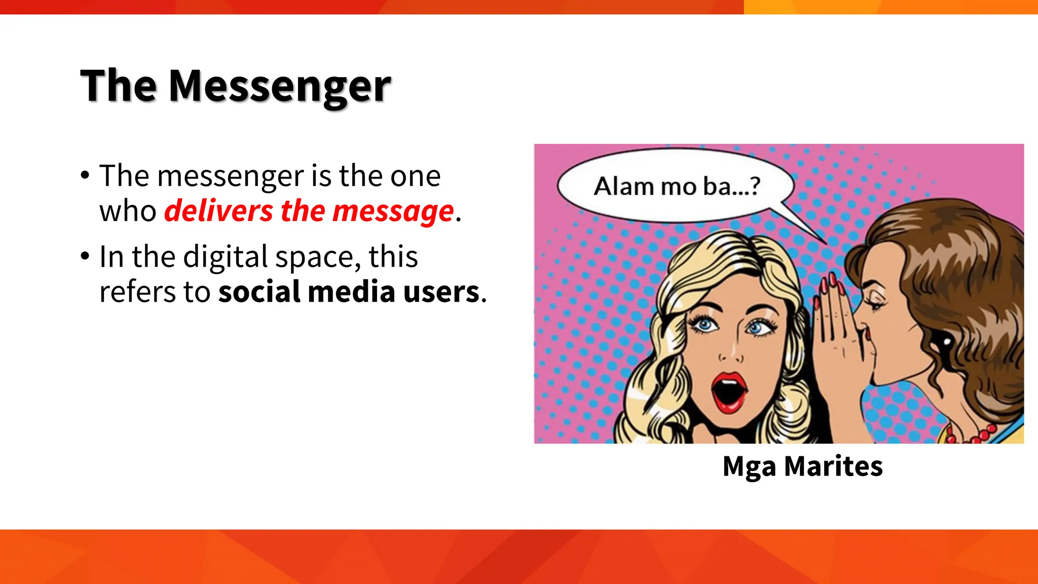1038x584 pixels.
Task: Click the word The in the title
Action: (x=119, y=86)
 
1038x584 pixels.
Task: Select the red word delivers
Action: (x=218, y=211)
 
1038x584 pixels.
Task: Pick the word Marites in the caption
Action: (x=833, y=466)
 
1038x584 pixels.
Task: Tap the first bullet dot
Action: (x=85, y=176)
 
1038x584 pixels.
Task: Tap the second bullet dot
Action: (x=85, y=257)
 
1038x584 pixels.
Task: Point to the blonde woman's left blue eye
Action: (x=705, y=324)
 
